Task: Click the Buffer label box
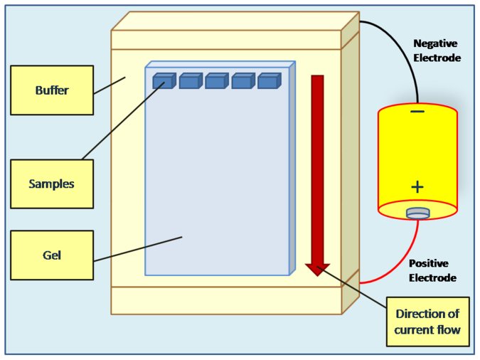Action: (52, 90)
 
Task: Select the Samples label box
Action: (52, 184)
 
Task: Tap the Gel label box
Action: (52, 255)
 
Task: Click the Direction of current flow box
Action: (427, 322)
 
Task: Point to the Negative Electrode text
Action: (437, 51)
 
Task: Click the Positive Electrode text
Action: (432, 270)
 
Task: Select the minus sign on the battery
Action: (417, 112)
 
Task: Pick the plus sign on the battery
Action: (417, 187)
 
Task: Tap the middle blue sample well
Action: (215, 82)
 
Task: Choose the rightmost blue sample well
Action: (268, 82)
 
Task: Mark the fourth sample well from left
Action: (242, 82)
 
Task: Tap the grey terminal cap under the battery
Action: (417, 213)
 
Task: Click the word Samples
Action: (51, 184)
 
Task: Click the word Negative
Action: (437, 43)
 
